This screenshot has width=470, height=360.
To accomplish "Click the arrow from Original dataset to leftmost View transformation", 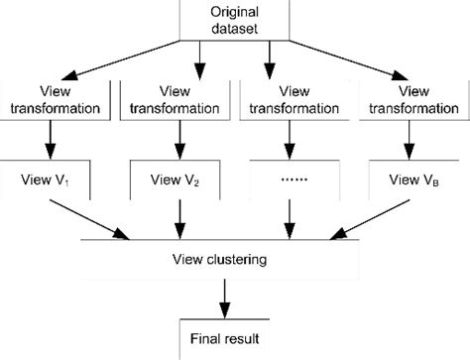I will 119,57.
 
